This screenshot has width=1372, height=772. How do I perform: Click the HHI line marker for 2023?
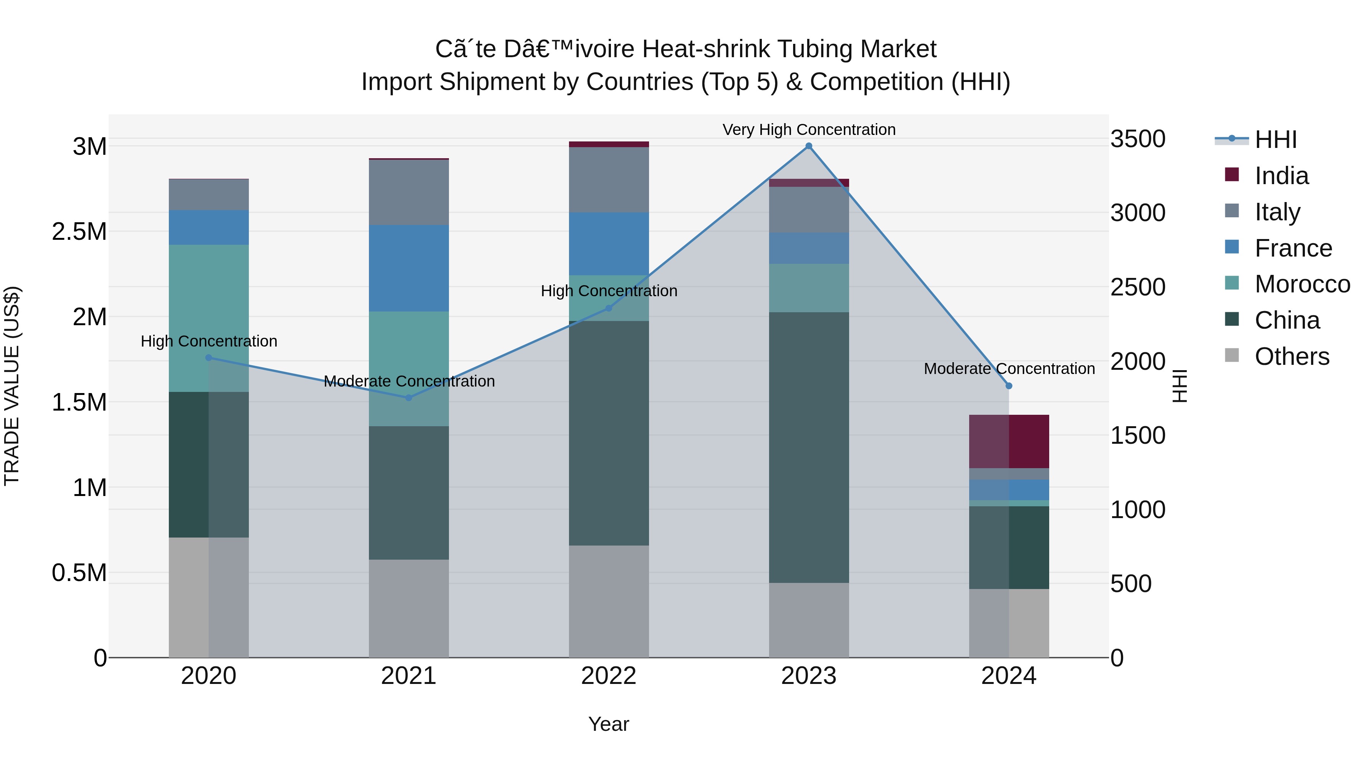pyautogui.click(x=808, y=146)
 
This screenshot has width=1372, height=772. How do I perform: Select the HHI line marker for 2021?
pyautogui.click(x=409, y=398)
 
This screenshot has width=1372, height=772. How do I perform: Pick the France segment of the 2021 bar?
pyautogui.click(x=409, y=268)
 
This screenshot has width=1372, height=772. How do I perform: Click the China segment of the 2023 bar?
pyautogui.click(x=808, y=447)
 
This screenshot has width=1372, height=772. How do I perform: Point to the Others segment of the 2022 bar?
pyautogui.click(x=609, y=601)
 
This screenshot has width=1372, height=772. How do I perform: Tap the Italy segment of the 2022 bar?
pyautogui.click(x=609, y=180)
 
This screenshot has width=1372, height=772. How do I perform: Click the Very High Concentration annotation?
pyautogui.click(x=808, y=130)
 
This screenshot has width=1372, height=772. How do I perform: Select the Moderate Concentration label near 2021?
pyautogui.click(x=409, y=381)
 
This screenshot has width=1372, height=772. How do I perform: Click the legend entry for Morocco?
pyautogui.click(x=1302, y=284)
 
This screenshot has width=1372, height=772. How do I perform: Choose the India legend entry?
pyautogui.click(x=1281, y=176)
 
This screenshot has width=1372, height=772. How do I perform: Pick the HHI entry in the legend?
pyautogui.click(x=1275, y=140)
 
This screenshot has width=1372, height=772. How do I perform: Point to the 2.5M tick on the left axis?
pyautogui.click(x=79, y=232)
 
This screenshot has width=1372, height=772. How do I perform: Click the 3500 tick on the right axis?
pyautogui.click(x=1138, y=139)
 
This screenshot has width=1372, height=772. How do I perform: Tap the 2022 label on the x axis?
pyautogui.click(x=609, y=676)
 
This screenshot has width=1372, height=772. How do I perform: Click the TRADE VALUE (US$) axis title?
pyautogui.click(x=12, y=386)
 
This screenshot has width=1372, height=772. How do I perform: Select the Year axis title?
pyautogui.click(x=609, y=724)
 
